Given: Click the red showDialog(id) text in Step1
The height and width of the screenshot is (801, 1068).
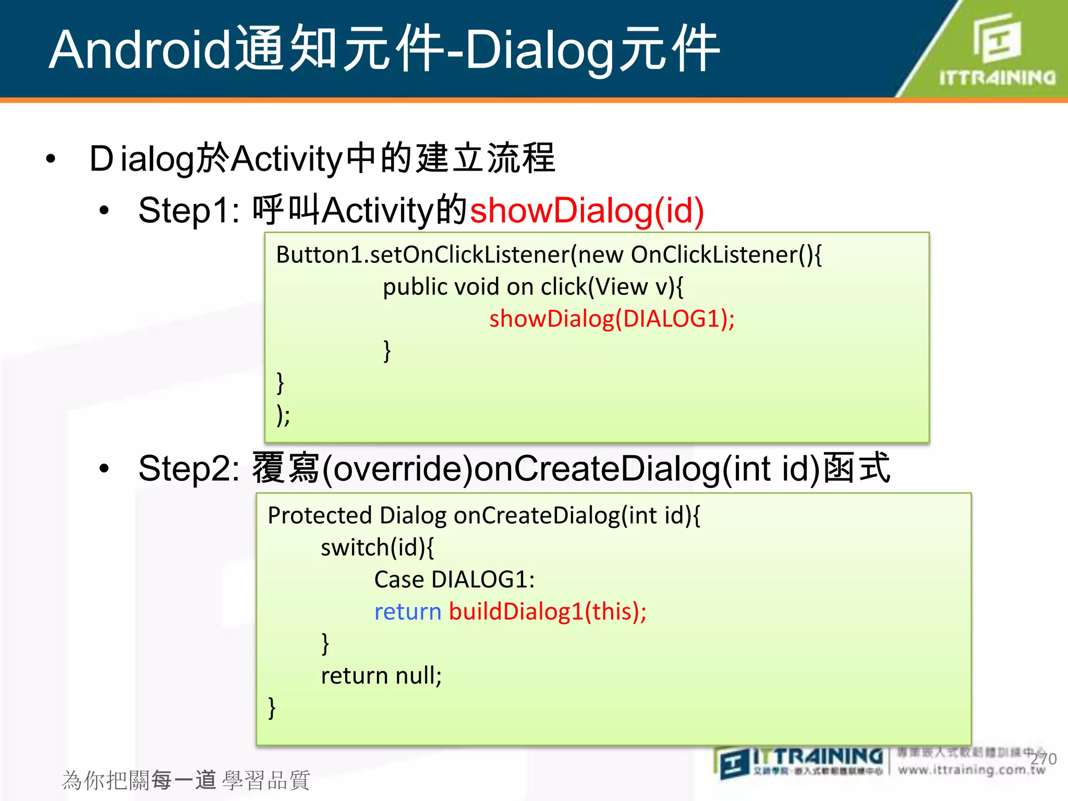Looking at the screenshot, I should (587, 210).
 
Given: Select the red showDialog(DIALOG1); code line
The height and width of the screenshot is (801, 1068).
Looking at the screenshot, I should (612, 319).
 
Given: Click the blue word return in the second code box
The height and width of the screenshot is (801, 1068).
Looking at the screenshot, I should (408, 612).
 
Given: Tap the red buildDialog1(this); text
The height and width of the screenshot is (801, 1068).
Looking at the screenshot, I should (548, 612).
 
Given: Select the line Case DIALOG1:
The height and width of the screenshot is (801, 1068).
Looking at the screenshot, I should (454, 579).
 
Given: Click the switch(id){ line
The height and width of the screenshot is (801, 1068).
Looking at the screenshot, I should (377, 548).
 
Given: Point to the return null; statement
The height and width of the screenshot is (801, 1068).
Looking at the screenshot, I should (381, 676).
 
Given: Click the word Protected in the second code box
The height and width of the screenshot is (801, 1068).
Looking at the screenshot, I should (320, 515).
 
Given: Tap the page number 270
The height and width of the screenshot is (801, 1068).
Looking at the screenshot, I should (1043, 759).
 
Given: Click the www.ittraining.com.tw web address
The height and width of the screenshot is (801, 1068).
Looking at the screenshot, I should (971, 770).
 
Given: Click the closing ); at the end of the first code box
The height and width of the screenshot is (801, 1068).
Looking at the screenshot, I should (283, 416).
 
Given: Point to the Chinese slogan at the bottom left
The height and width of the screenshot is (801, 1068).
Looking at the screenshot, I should (186, 780).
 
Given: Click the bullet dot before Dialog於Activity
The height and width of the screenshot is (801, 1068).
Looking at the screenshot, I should (51, 159).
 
